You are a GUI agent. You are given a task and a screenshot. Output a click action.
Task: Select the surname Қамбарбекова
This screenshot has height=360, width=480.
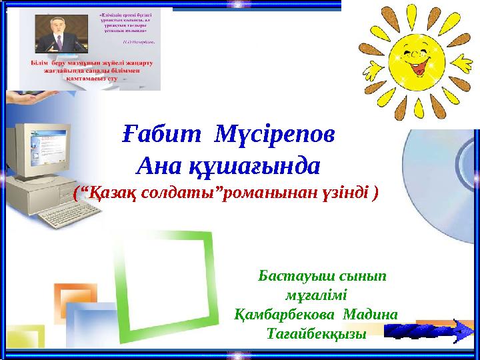(286, 313)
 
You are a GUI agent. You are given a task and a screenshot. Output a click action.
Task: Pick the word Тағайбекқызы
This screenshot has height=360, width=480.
(316, 332)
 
